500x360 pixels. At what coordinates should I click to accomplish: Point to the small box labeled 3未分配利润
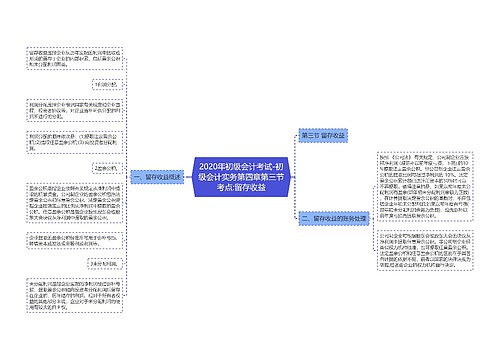pos(103,264)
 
